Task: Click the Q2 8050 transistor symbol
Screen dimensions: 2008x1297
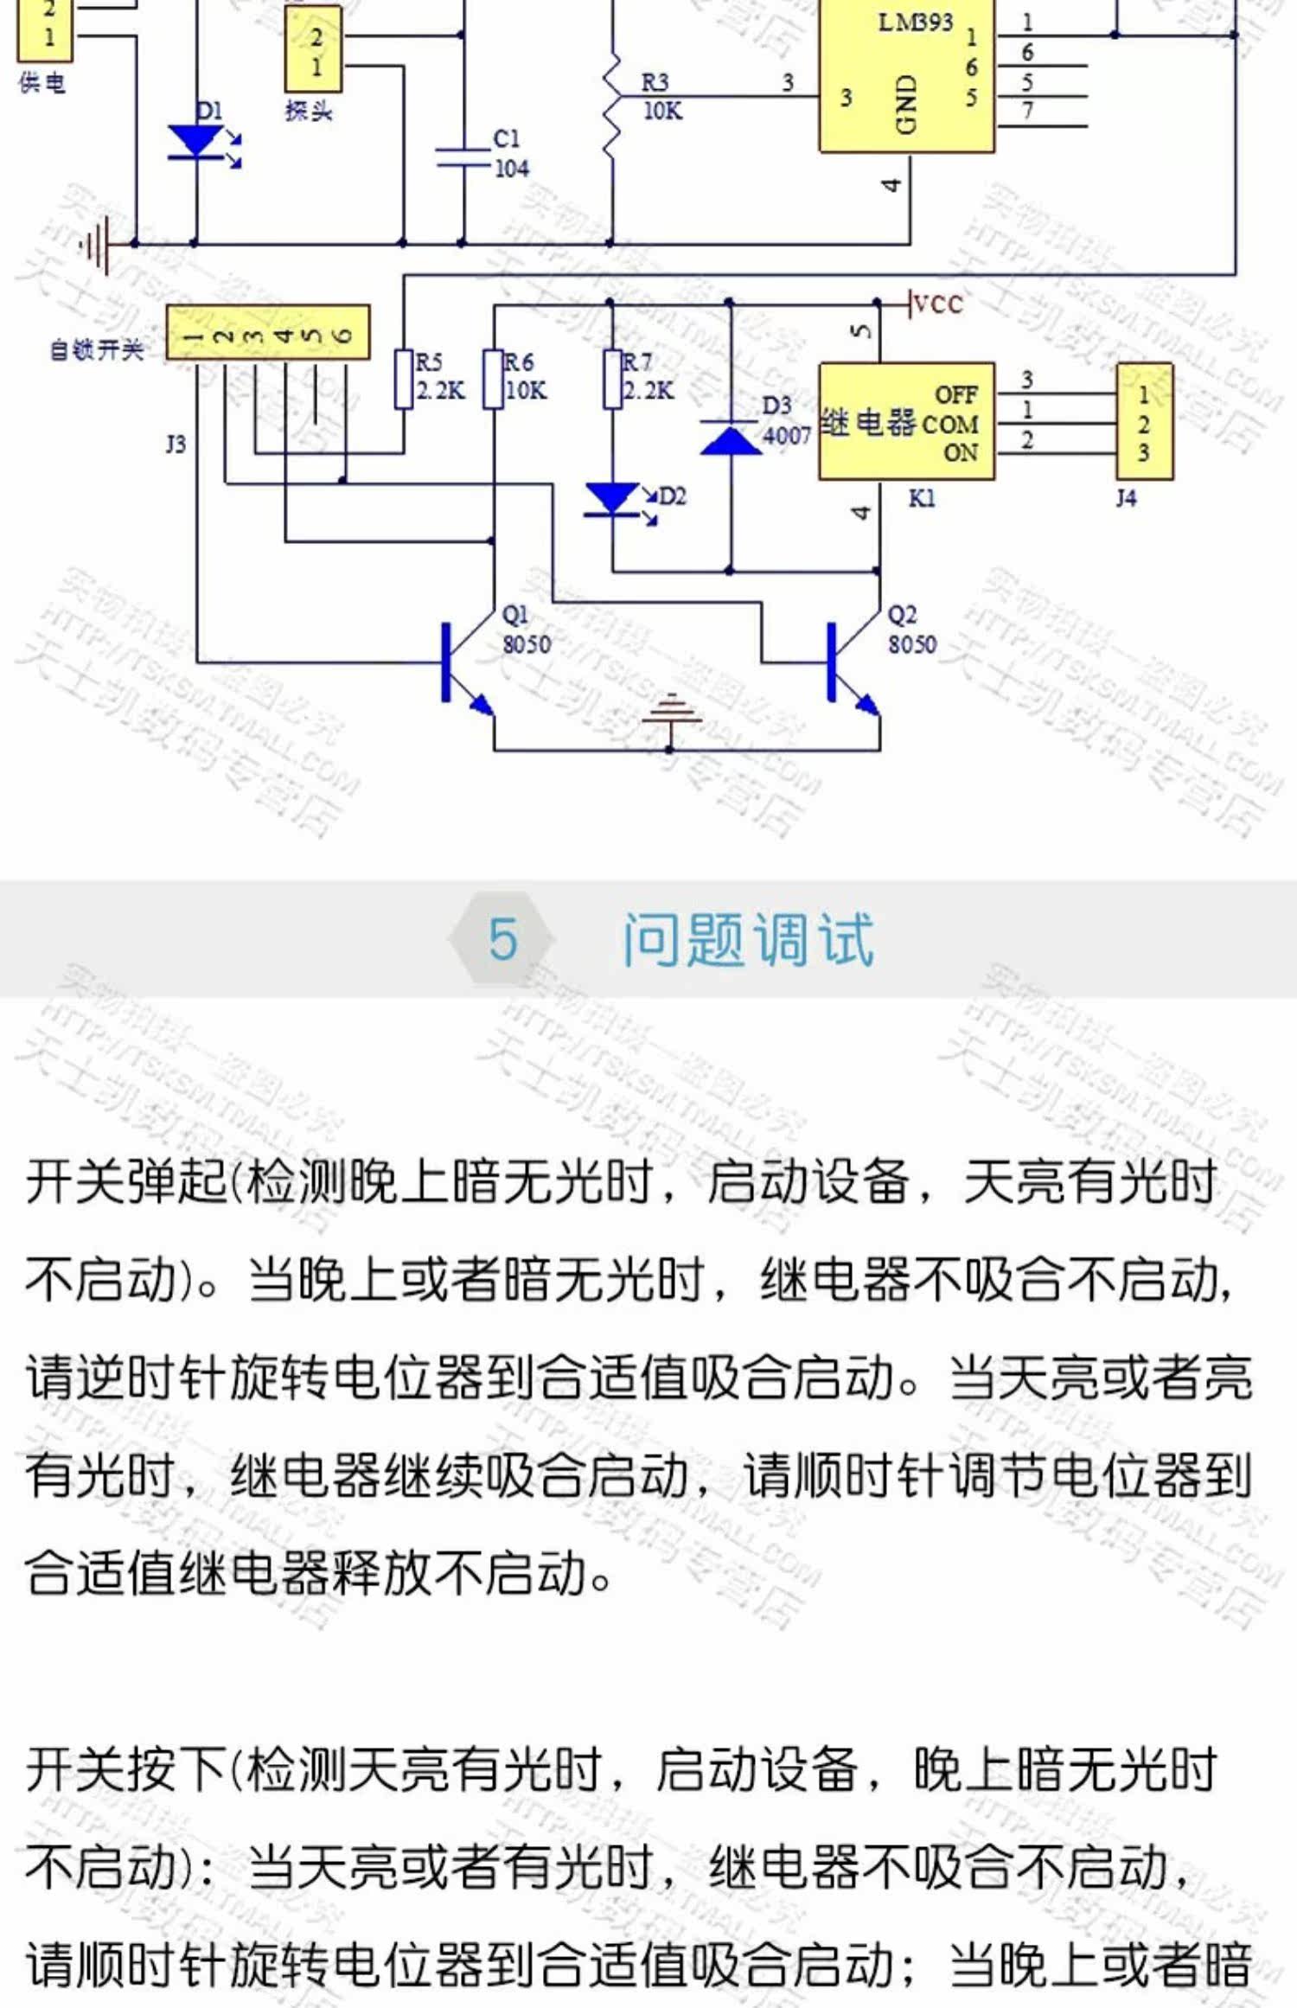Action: pos(846,664)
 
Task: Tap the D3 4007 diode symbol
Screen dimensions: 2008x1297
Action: pos(730,438)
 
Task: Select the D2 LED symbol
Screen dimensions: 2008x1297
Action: pos(613,499)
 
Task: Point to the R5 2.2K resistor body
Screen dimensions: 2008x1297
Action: pos(404,379)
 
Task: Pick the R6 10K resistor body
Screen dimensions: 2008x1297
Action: pos(493,379)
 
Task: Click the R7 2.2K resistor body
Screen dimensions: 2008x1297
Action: pos(612,379)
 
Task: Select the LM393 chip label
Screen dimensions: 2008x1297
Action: pos(915,22)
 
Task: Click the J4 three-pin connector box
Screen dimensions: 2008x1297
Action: pos(1144,422)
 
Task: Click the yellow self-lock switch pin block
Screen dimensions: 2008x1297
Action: pos(268,332)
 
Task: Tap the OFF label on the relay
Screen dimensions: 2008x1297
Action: pos(956,395)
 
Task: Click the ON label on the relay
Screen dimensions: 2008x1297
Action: pos(961,452)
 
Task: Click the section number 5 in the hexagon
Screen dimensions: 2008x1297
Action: pos(502,939)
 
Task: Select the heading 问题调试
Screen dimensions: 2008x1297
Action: pos(749,939)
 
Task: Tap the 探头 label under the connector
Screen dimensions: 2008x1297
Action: pos(309,111)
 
